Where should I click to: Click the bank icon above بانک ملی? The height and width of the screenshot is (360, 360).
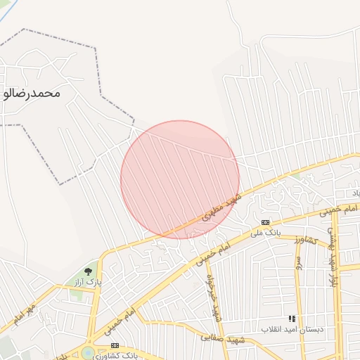[265, 222]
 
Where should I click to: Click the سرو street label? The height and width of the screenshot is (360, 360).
[298, 265]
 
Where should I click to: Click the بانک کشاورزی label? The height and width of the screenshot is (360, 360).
[115, 355]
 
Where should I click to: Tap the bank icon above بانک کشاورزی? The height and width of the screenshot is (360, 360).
[115, 345]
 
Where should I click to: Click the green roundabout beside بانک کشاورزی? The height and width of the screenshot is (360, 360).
[87, 353]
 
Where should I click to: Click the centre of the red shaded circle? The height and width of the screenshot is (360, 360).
[180, 180]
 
